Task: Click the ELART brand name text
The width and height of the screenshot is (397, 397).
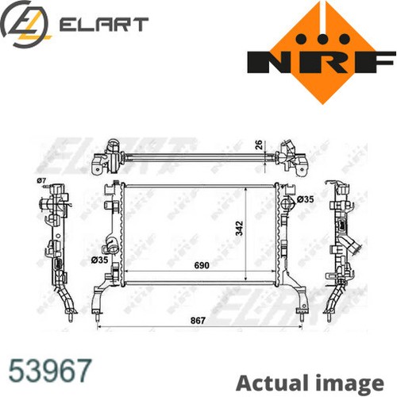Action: coord(103,25)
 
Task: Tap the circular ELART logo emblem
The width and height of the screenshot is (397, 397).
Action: coord(25,25)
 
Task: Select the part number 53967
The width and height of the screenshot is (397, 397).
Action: coord(50,370)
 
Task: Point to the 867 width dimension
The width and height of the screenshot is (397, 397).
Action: coord(198,321)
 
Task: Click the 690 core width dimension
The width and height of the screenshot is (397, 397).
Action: coord(202,265)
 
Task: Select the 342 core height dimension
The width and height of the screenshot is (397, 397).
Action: coord(239,228)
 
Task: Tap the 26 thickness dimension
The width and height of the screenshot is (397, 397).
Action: coord(259,145)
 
